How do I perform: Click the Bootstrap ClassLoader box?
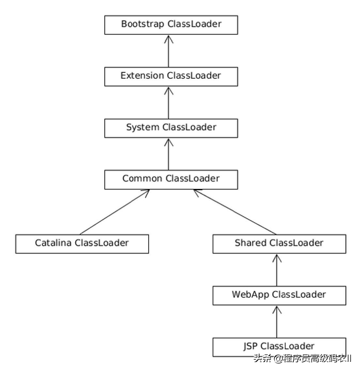tap(171, 25)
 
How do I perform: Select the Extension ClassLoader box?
tap(171, 77)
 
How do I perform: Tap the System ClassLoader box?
tap(171, 128)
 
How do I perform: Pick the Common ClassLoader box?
tap(171, 179)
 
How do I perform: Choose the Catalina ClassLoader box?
tap(82, 244)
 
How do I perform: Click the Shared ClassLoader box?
tap(279, 244)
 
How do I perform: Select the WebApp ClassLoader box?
tap(279, 295)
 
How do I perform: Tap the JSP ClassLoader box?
tap(279, 347)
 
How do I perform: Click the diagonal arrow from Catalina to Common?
tap(114, 212)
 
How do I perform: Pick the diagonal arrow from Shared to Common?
tap(235, 212)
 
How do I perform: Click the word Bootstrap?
tap(142, 24)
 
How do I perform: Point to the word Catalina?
tap(53, 243)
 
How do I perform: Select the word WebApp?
tap(250, 295)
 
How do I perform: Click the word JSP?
tap(250, 346)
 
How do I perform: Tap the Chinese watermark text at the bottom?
tap(303, 359)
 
